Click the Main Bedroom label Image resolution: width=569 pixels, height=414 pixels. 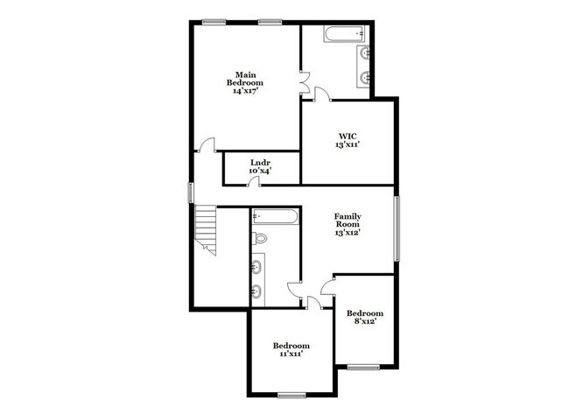tap(245, 78)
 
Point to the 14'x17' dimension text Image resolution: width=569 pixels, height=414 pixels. tap(245, 91)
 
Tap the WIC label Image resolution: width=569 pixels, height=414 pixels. tap(348, 136)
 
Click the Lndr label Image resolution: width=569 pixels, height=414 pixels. tap(259, 162)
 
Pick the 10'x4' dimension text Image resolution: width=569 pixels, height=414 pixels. tap(259, 171)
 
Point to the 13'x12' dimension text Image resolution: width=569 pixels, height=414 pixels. tap(348, 233)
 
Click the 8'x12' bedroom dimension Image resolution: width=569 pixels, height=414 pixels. tap(364, 322)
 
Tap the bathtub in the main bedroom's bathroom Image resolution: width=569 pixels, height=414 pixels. tap(342, 36)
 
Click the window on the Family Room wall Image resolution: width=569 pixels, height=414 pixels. tap(397, 228)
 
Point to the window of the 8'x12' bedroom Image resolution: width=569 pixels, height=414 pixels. tap(362, 367)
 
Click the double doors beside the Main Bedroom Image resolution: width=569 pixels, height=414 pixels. tap(304, 84)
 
